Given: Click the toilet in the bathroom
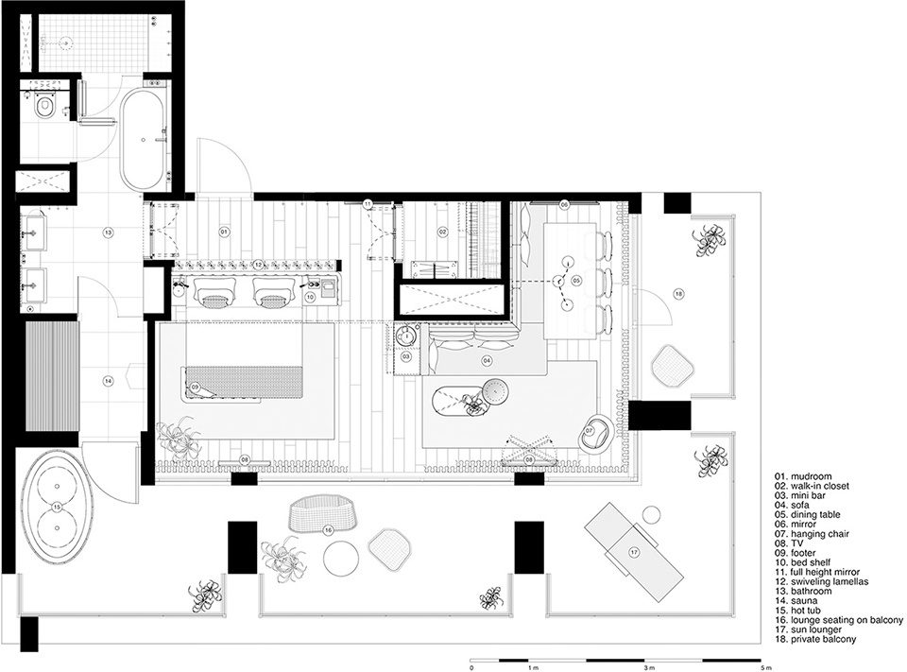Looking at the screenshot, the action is [44, 106].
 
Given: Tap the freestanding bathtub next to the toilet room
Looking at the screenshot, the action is [143, 139].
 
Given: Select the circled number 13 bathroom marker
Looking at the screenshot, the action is [108, 233].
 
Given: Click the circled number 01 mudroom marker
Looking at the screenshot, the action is [224, 233].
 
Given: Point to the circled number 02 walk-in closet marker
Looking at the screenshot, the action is [443, 233].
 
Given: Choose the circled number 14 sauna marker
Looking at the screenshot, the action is [108, 380].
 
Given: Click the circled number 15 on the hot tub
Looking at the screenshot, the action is [56, 507].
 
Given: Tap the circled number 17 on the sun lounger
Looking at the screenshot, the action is [635, 553].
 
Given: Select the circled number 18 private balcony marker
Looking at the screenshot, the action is [679, 294].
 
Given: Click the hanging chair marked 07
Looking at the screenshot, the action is [596, 432].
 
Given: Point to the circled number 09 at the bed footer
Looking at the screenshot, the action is [195, 387].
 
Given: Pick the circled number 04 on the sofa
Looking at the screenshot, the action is [488, 360].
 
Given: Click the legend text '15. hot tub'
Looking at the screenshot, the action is [797, 610].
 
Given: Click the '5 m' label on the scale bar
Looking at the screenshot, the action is [767, 666].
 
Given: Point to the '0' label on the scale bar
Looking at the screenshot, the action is [472, 666].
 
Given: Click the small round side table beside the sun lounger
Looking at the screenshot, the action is [651, 514].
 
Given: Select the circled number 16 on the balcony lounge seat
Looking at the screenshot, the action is [328, 529].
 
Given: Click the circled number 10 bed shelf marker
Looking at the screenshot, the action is [310, 297].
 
